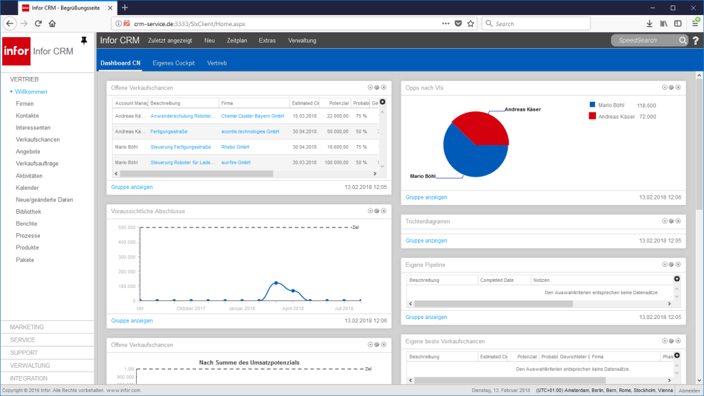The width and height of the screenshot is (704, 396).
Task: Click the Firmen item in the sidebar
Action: tap(25, 104)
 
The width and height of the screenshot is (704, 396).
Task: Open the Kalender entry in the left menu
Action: tap(27, 188)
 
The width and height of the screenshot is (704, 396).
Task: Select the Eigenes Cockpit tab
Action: tap(173, 63)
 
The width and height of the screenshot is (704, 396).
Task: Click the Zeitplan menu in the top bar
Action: tap(236, 41)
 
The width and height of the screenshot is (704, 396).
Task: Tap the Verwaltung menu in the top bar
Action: tap(302, 41)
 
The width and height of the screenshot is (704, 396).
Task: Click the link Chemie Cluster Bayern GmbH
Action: tap(252, 116)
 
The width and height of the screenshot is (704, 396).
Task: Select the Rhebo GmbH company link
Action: tap(234, 147)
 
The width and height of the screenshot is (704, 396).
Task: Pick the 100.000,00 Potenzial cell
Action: tap(335, 162)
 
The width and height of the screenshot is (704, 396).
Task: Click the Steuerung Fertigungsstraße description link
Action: tap(181, 147)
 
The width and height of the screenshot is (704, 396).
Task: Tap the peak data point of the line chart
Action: tap(276, 283)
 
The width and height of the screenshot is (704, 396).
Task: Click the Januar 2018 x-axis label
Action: tap(242, 309)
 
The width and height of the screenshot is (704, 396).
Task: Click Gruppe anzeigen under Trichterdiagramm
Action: tap(426, 241)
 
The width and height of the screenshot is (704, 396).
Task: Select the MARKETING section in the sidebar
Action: tap(27, 327)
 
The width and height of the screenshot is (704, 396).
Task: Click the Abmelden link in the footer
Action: tap(690, 390)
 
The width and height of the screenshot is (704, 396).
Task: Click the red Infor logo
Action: tap(16, 51)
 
